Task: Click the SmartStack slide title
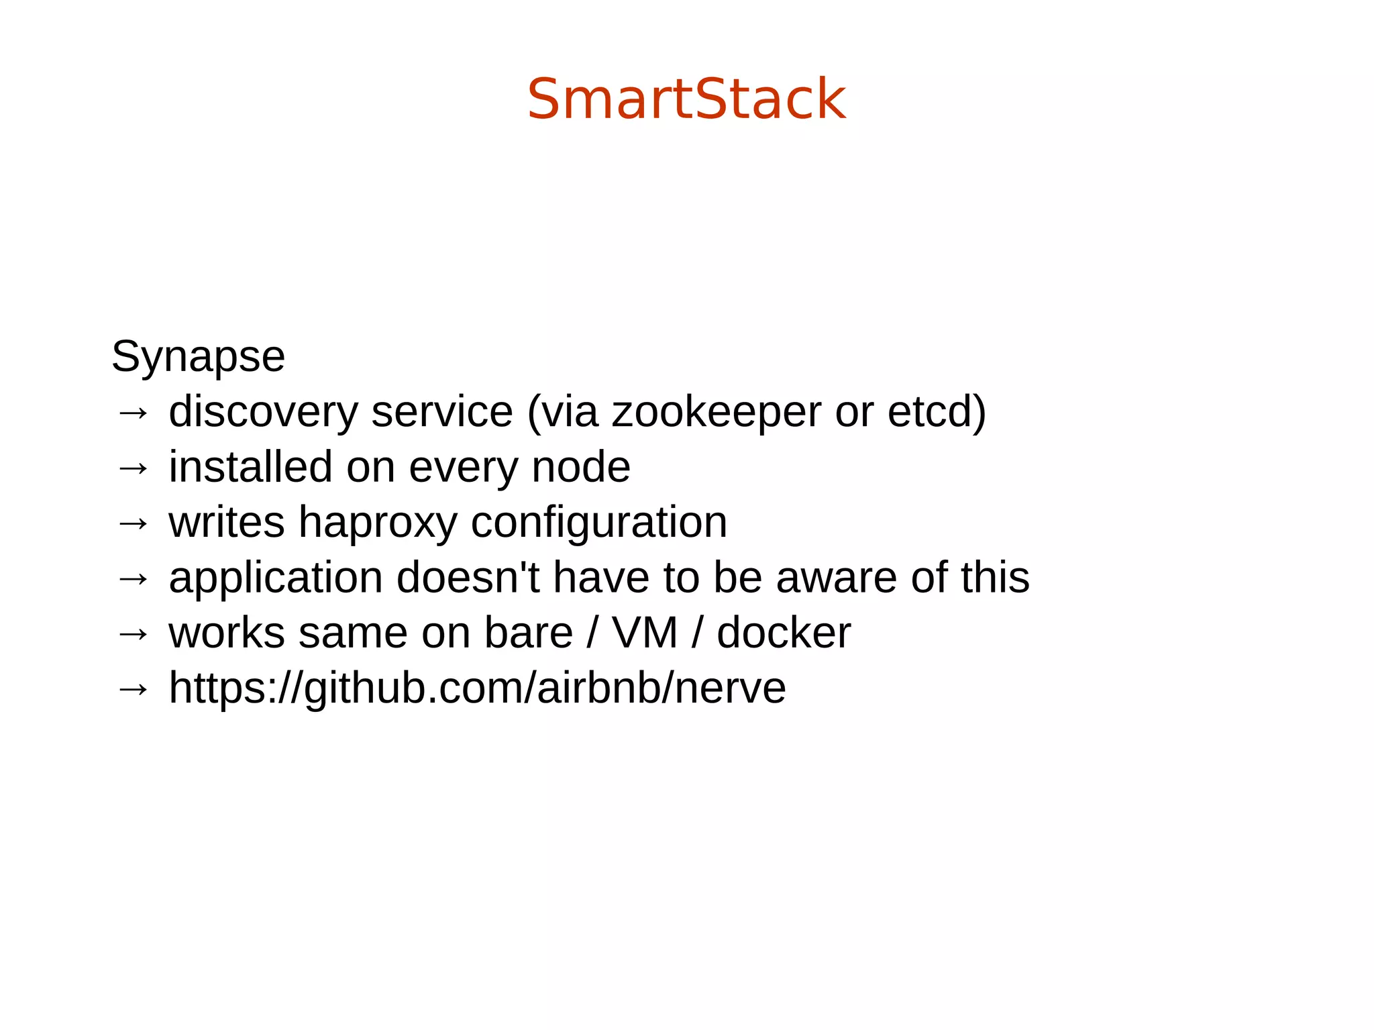click(x=686, y=99)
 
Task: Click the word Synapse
click(x=198, y=356)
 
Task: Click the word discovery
click(x=263, y=411)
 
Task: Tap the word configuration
click(x=598, y=523)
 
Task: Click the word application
click(x=276, y=578)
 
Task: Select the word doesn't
click(x=468, y=578)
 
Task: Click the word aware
click(x=837, y=578)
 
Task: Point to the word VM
click(x=645, y=633)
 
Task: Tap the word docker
click(x=784, y=633)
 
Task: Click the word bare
click(x=529, y=633)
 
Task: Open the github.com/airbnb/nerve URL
click(x=477, y=688)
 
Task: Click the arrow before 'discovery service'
click(x=132, y=413)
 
